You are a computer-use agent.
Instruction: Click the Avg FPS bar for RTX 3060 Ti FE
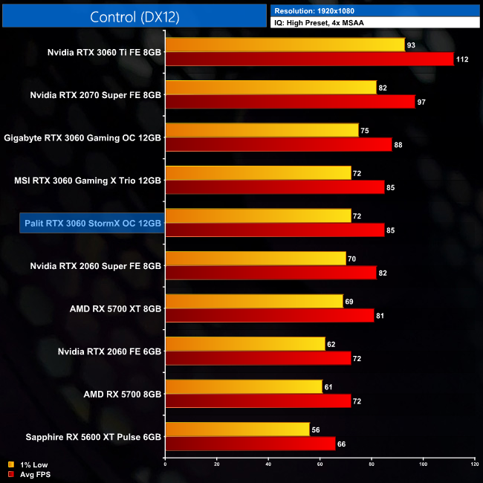pyautogui.click(x=309, y=59)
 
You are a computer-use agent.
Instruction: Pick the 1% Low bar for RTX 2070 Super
pyautogui.click(x=270, y=88)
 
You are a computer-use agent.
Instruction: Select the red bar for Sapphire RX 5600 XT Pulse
pyautogui.click(x=250, y=443)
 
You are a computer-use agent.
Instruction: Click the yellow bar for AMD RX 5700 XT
pyautogui.click(x=254, y=301)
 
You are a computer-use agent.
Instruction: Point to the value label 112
pyautogui.click(x=462, y=59)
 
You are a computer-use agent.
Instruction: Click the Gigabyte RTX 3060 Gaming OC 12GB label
pyautogui.click(x=82, y=137)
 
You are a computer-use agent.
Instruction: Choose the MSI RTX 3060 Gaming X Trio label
pyautogui.click(x=88, y=180)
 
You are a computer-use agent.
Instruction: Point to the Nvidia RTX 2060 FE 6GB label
pyautogui.click(x=109, y=351)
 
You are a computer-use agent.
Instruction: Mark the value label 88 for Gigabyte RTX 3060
pyautogui.click(x=398, y=144)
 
